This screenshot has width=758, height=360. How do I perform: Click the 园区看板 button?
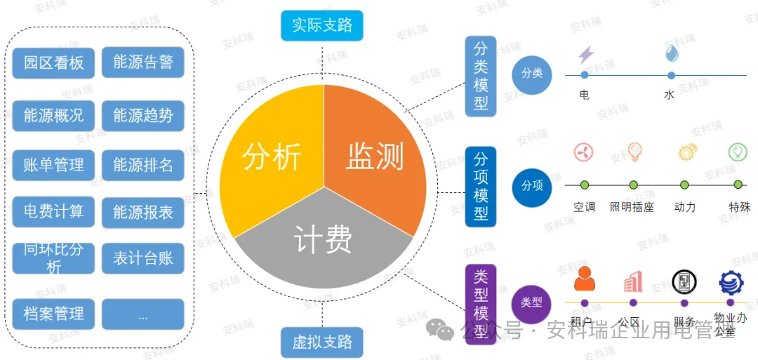(53, 62)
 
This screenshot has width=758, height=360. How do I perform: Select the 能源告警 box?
(142, 62)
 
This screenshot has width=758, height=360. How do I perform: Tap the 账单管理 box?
(53, 165)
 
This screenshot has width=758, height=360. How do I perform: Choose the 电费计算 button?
(53, 211)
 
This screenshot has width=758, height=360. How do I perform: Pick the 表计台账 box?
(142, 258)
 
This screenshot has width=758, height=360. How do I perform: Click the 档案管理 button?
(53, 314)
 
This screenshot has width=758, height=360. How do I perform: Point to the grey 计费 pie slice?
(323, 242)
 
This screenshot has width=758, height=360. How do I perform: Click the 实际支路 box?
(322, 26)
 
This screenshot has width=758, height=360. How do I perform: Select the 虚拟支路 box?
(322, 342)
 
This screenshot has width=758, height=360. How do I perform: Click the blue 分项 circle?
(532, 185)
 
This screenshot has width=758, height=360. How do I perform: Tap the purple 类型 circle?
(532, 302)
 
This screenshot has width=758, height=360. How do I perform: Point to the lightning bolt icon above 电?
(585, 54)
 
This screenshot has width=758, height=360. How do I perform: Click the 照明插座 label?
(632, 207)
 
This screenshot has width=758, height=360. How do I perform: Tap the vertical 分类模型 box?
(481, 76)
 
